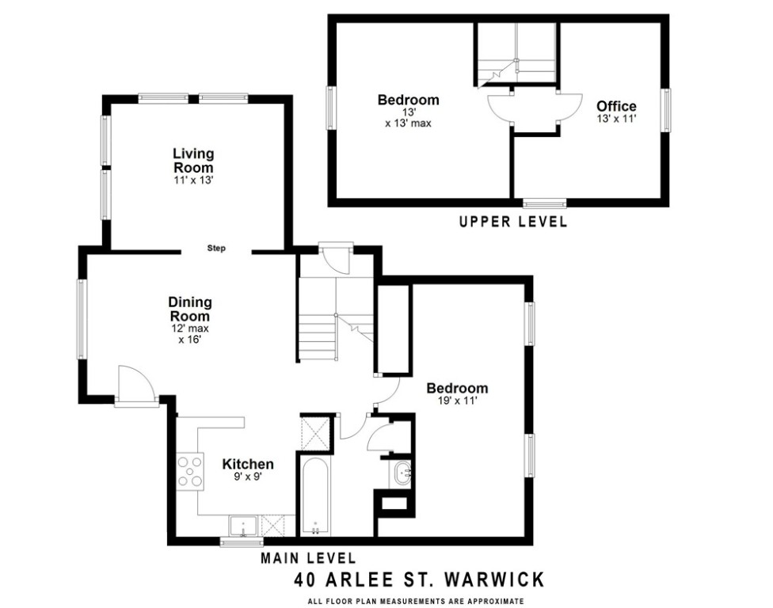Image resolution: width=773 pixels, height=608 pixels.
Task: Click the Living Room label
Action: tap(193, 160)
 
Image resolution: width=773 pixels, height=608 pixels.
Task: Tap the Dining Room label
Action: tap(190, 309)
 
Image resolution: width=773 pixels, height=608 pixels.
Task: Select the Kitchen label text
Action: tap(247, 465)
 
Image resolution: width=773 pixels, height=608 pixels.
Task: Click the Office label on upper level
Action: tap(616, 106)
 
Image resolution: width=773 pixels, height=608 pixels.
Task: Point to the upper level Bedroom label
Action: tap(408, 100)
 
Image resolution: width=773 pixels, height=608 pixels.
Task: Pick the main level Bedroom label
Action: tap(457, 388)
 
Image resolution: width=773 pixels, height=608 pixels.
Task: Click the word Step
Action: tap(216, 249)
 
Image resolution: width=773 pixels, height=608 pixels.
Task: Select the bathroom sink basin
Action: tap(402, 473)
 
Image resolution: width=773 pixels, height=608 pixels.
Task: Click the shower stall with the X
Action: tap(315, 431)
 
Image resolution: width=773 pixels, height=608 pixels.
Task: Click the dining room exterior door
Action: tap(135, 387)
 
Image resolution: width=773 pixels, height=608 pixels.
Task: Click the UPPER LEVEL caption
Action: tap(513, 222)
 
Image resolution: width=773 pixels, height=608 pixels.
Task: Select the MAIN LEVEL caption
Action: tap(309, 559)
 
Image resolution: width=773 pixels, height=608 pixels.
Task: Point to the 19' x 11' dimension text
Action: tap(457, 401)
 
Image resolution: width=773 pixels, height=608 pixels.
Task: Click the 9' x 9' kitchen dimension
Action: tap(247, 477)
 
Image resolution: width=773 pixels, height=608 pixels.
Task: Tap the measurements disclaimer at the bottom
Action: tap(417, 602)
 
